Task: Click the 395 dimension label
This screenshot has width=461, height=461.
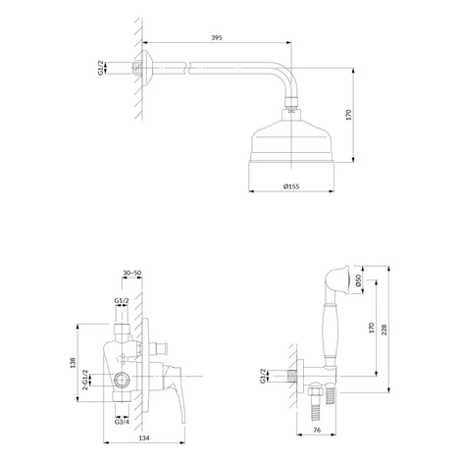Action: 217,37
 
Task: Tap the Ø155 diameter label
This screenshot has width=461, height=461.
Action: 291,186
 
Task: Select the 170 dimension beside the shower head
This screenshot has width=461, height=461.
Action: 348,115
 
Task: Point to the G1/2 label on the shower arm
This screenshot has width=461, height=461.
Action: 100,68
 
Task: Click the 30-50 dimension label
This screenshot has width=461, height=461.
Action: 131,273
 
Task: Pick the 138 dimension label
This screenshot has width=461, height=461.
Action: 73,363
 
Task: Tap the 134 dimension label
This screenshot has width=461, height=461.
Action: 144,437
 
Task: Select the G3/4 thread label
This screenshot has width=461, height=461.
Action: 122,422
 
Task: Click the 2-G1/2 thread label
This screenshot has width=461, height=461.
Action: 85,380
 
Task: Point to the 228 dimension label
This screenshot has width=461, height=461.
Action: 384,330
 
